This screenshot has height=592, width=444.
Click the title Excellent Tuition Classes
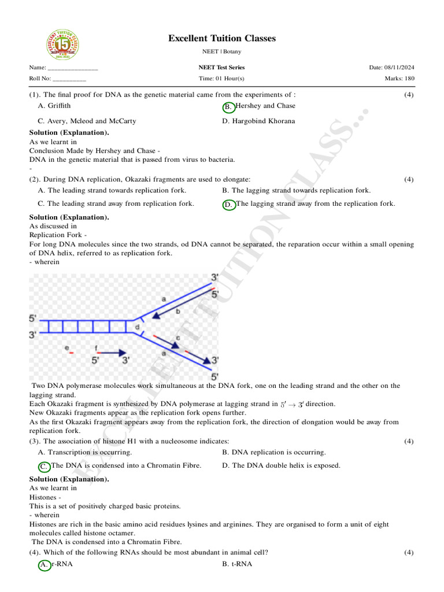coord(222,38)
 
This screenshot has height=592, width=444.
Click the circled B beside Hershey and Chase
coord(228,107)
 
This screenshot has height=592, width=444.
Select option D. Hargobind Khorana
coord(258,121)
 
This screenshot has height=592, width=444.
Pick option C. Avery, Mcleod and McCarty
coord(87,121)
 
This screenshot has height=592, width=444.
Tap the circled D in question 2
coord(228,205)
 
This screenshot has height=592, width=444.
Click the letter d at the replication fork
coord(137,327)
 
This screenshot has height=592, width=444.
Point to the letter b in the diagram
coord(177,311)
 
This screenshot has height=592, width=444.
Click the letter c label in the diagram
coord(177,337)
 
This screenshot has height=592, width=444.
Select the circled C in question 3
coord(44,466)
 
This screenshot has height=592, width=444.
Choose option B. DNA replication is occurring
coord(273,452)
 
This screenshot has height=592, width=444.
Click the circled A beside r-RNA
coord(44,565)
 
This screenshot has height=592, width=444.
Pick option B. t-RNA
coord(237,564)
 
